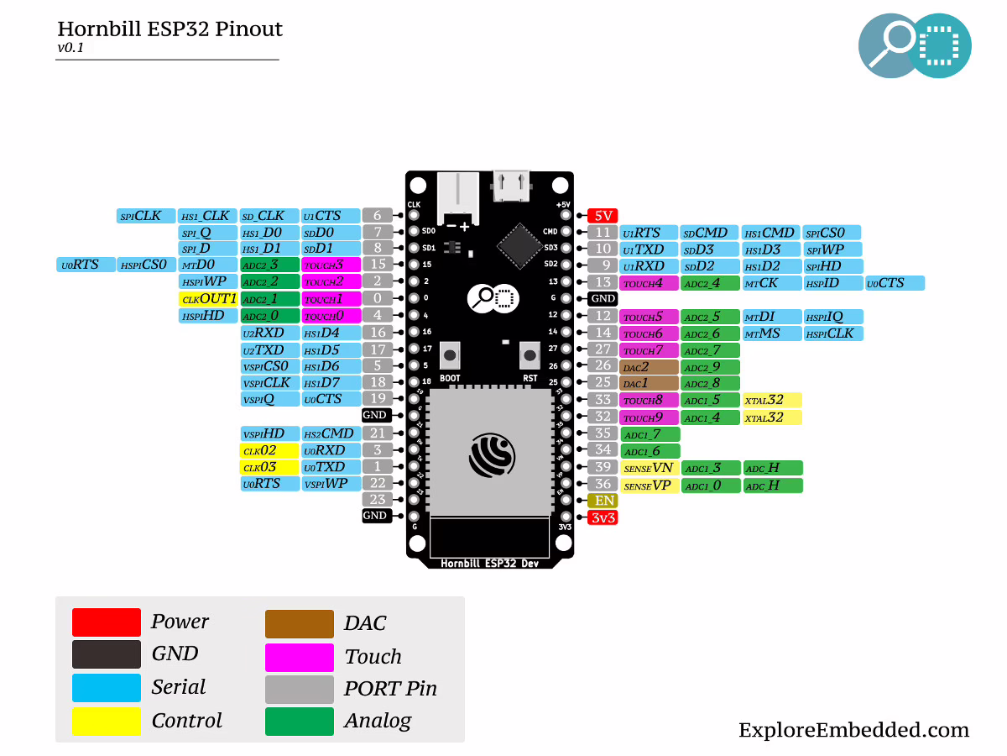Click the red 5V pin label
pos(603,216)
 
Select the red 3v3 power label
pos(603,518)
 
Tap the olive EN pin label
pos(603,501)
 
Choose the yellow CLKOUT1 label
pos(208,299)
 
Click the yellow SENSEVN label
pos(649,468)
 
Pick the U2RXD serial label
pos(269,333)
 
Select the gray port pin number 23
pos(377,499)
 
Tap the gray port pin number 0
pos(377,298)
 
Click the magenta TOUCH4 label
pos(649,283)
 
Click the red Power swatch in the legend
pos(106,622)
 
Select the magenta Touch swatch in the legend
pos(299,656)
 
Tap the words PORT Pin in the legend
pos(390,689)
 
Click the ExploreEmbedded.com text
pos(853,730)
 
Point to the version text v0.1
pos(70,48)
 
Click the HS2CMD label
pos(331,433)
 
